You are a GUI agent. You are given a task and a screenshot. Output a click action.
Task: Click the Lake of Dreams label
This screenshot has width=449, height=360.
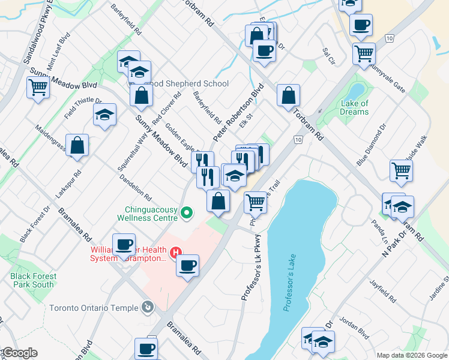click(x=354, y=107)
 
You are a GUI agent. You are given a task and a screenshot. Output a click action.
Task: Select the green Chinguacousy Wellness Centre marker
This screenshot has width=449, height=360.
click(x=187, y=212)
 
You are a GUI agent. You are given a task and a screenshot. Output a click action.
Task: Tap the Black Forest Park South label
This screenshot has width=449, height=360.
click(x=33, y=280)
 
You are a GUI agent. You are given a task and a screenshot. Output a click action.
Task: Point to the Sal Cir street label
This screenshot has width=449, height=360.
click(x=328, y=56)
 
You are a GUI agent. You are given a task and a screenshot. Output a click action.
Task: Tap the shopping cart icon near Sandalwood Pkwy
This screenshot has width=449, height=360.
click(x=38, y=88)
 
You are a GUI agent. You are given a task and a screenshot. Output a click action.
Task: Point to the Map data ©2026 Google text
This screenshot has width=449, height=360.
click(x=411, y=355)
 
